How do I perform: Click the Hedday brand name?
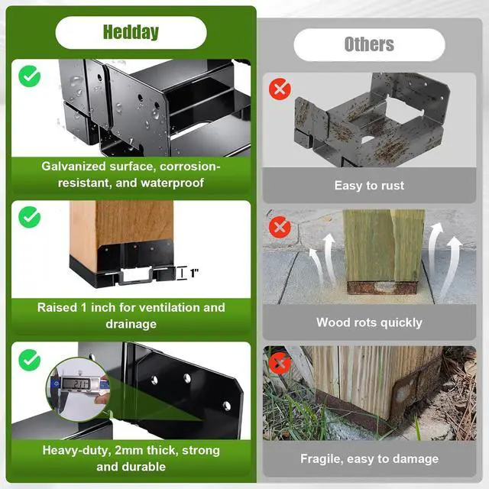(131, 32)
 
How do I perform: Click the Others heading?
(369, 44)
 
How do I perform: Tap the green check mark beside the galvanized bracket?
(30, 76)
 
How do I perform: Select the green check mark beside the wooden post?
(30, 217)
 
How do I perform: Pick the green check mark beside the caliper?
(30, 360)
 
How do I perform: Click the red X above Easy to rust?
(280, 89)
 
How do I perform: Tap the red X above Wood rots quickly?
(280, 227)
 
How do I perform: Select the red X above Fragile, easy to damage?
(280, 364)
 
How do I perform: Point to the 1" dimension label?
(194, 274)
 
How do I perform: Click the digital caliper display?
(76, 384)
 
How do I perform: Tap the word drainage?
(131, 324)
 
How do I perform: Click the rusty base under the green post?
(383, 287)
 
